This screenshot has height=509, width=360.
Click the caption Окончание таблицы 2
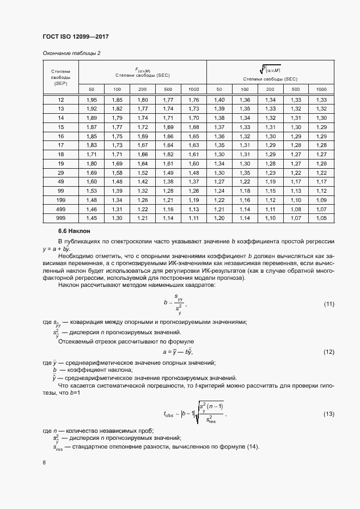point(71,53)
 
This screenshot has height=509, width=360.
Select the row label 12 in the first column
point(61,100)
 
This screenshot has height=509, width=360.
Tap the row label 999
point(61,218)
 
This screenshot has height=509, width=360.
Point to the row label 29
point(61,173)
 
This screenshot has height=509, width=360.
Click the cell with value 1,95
point(91,100)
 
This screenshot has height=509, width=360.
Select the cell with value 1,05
point(321,218)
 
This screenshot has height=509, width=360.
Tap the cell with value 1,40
point(219,100)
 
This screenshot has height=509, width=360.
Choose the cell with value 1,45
point(91,218)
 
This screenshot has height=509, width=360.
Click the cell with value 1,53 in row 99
point(91,191)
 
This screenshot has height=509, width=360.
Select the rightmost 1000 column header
point(321,89)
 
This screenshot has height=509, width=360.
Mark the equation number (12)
point(329,352)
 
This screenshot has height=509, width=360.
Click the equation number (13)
point(329,414)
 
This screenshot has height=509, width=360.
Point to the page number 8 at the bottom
point(44,463)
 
